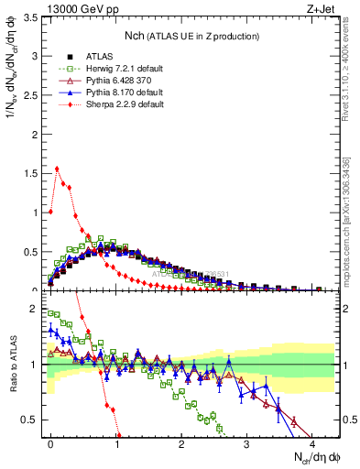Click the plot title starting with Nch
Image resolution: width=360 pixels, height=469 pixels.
coord(192,35)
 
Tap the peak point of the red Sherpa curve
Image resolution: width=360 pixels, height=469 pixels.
coord(57,169)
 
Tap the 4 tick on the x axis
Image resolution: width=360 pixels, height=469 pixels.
coord(311,444)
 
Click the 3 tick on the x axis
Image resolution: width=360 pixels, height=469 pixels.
coord(246,444)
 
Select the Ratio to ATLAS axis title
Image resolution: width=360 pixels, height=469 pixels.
coord(13,365)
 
